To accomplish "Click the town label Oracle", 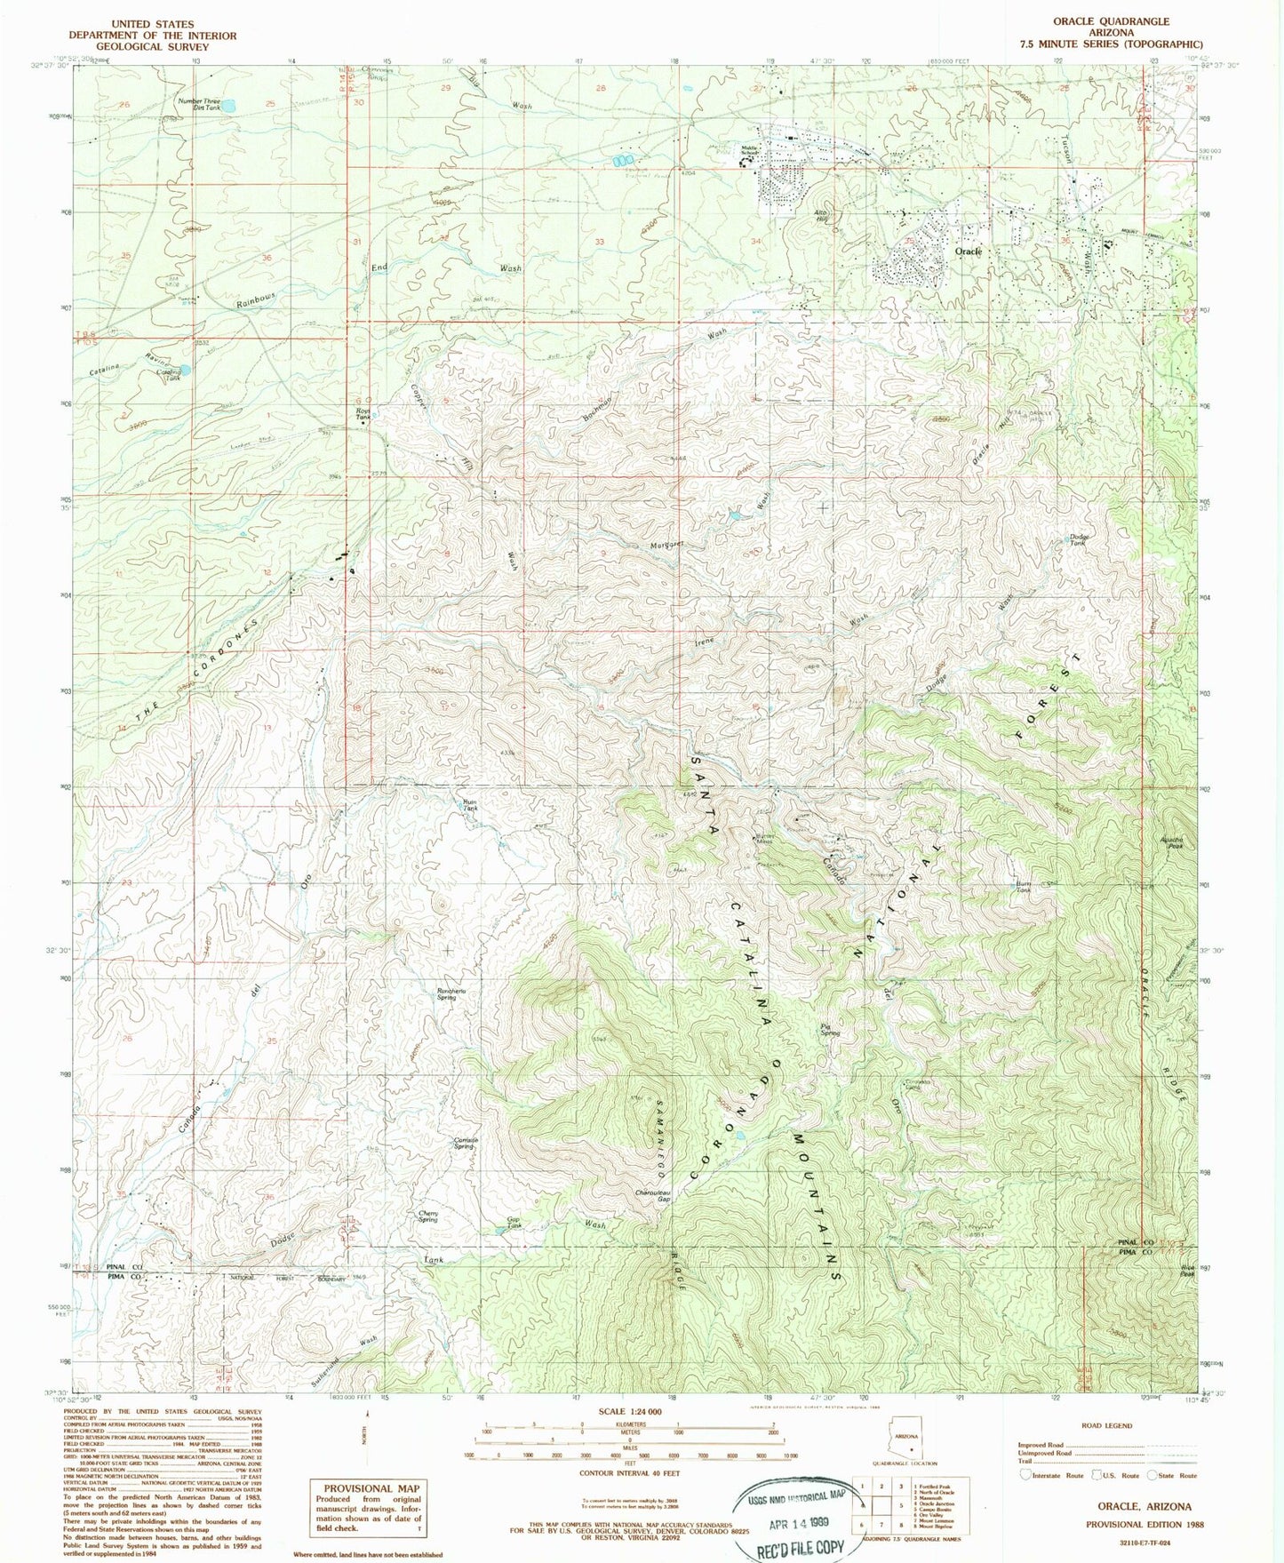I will click(x=968, y=251).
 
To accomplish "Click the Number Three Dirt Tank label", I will click(x=198, y=104).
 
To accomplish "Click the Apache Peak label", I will click(x=1170, y=843).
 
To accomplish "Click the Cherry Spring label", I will click(x=429, y=1216).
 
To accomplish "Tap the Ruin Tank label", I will click(x=470, y=805).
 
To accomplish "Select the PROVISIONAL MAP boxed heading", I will click(x=370, y=1487).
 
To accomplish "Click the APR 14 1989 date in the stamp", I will click(x=794, y=1520).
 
